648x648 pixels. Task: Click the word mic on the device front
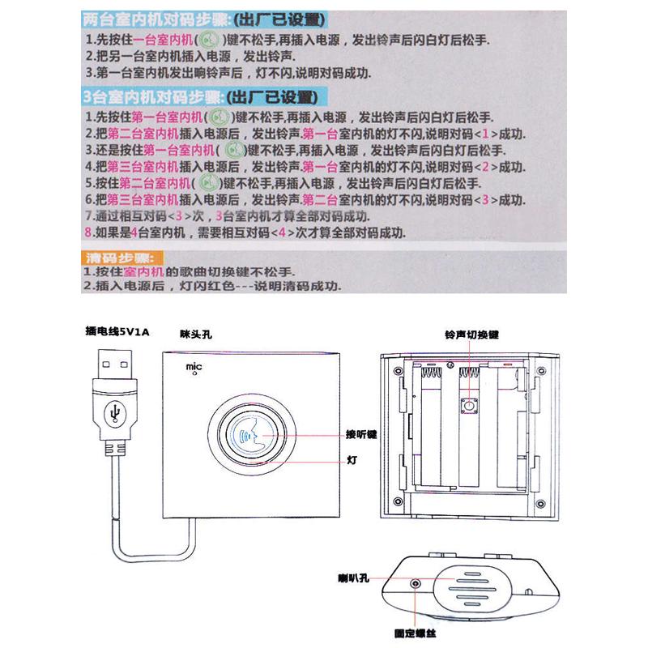point(194,368)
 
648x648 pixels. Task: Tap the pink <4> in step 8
point(279,233)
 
